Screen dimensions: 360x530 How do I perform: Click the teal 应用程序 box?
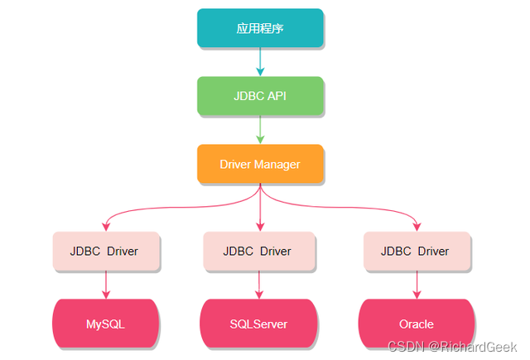coord(260,28)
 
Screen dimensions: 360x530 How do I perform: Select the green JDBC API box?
coord(260,96)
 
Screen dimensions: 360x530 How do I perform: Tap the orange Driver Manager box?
coord(260,164)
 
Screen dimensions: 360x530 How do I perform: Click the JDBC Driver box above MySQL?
coord(104,251)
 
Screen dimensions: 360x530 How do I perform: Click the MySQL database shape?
coord(105,324)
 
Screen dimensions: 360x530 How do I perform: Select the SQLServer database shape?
coord(258,324)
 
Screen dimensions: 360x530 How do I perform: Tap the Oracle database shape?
coord(416,324)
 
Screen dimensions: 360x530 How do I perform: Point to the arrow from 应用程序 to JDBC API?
coord(260,61)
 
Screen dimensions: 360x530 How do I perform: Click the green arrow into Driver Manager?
coord(260,130)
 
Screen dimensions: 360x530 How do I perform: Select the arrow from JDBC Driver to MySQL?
coord(106,285)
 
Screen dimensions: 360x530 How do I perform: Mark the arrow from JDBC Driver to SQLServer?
coord(259,285)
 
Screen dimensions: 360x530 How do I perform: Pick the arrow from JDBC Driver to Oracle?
coord(417,285)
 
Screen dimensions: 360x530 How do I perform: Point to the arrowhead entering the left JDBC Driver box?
coord(106,226)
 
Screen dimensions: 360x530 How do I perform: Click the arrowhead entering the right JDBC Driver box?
coord(417,226)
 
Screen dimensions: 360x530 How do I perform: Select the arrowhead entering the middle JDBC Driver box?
coord(260,226)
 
